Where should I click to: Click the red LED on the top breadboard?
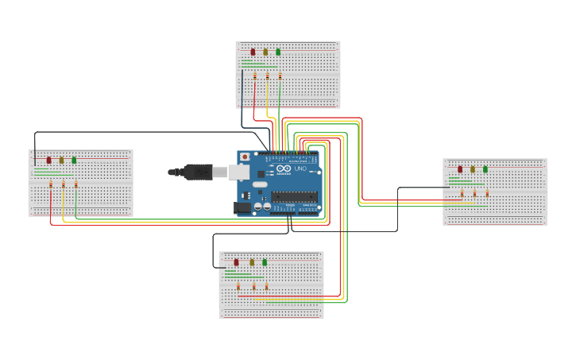(253, 52)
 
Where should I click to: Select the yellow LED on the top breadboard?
(266, 52)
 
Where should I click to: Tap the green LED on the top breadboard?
(278, 52)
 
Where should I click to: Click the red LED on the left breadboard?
(48, 160)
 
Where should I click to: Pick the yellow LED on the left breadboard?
(61, 160)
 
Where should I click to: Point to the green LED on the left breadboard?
(74, 160)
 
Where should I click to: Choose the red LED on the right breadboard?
(460, 168)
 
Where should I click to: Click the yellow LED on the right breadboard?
(473, 168)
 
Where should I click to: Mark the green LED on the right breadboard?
(485, 168)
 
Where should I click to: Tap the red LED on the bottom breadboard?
(236, 261)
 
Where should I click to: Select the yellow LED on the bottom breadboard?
(253, 261)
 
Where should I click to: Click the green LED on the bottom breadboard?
(265, 261)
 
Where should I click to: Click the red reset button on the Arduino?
(245, 157)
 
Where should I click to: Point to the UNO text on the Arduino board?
(300, 168)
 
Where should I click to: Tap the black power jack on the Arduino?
(242, 207)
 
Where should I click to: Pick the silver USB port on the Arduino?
(238, 171)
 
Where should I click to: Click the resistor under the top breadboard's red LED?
(255, 76)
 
